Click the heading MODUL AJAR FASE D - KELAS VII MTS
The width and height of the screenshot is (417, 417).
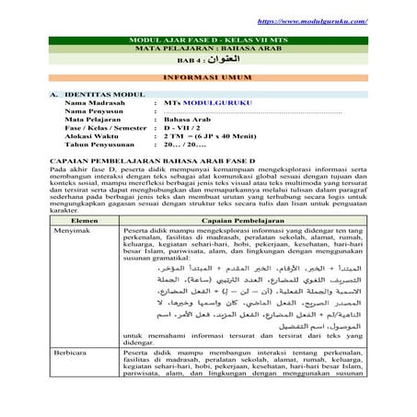tap(209, 41)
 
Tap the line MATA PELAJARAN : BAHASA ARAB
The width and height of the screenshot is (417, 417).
tap(209, 51)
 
